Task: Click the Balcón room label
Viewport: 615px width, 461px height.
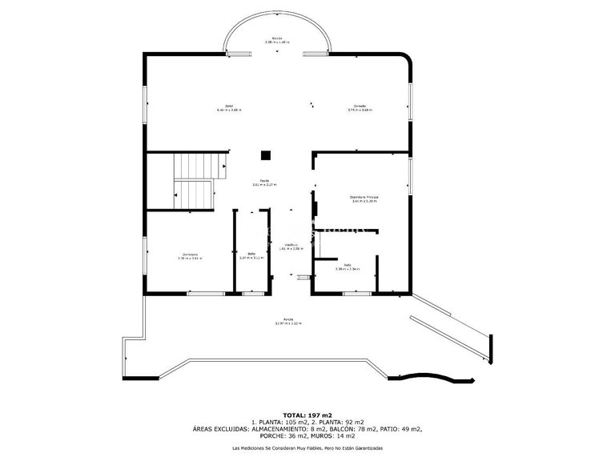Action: coord(276,39)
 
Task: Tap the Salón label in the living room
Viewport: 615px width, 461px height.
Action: coord(228,107)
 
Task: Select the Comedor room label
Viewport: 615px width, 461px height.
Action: coord(360,107)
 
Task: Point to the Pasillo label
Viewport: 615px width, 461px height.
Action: coord(264,182)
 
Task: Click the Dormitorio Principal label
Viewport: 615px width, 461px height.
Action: coord(364,198)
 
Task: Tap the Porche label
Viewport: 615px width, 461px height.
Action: coord(287,321)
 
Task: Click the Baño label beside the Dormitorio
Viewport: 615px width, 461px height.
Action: coord(251,256)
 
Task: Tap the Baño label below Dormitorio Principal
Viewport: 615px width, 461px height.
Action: coord(348,267)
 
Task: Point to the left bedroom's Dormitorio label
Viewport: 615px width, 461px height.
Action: coord(189,256)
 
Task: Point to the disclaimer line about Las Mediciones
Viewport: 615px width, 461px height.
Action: coord(307,447)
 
